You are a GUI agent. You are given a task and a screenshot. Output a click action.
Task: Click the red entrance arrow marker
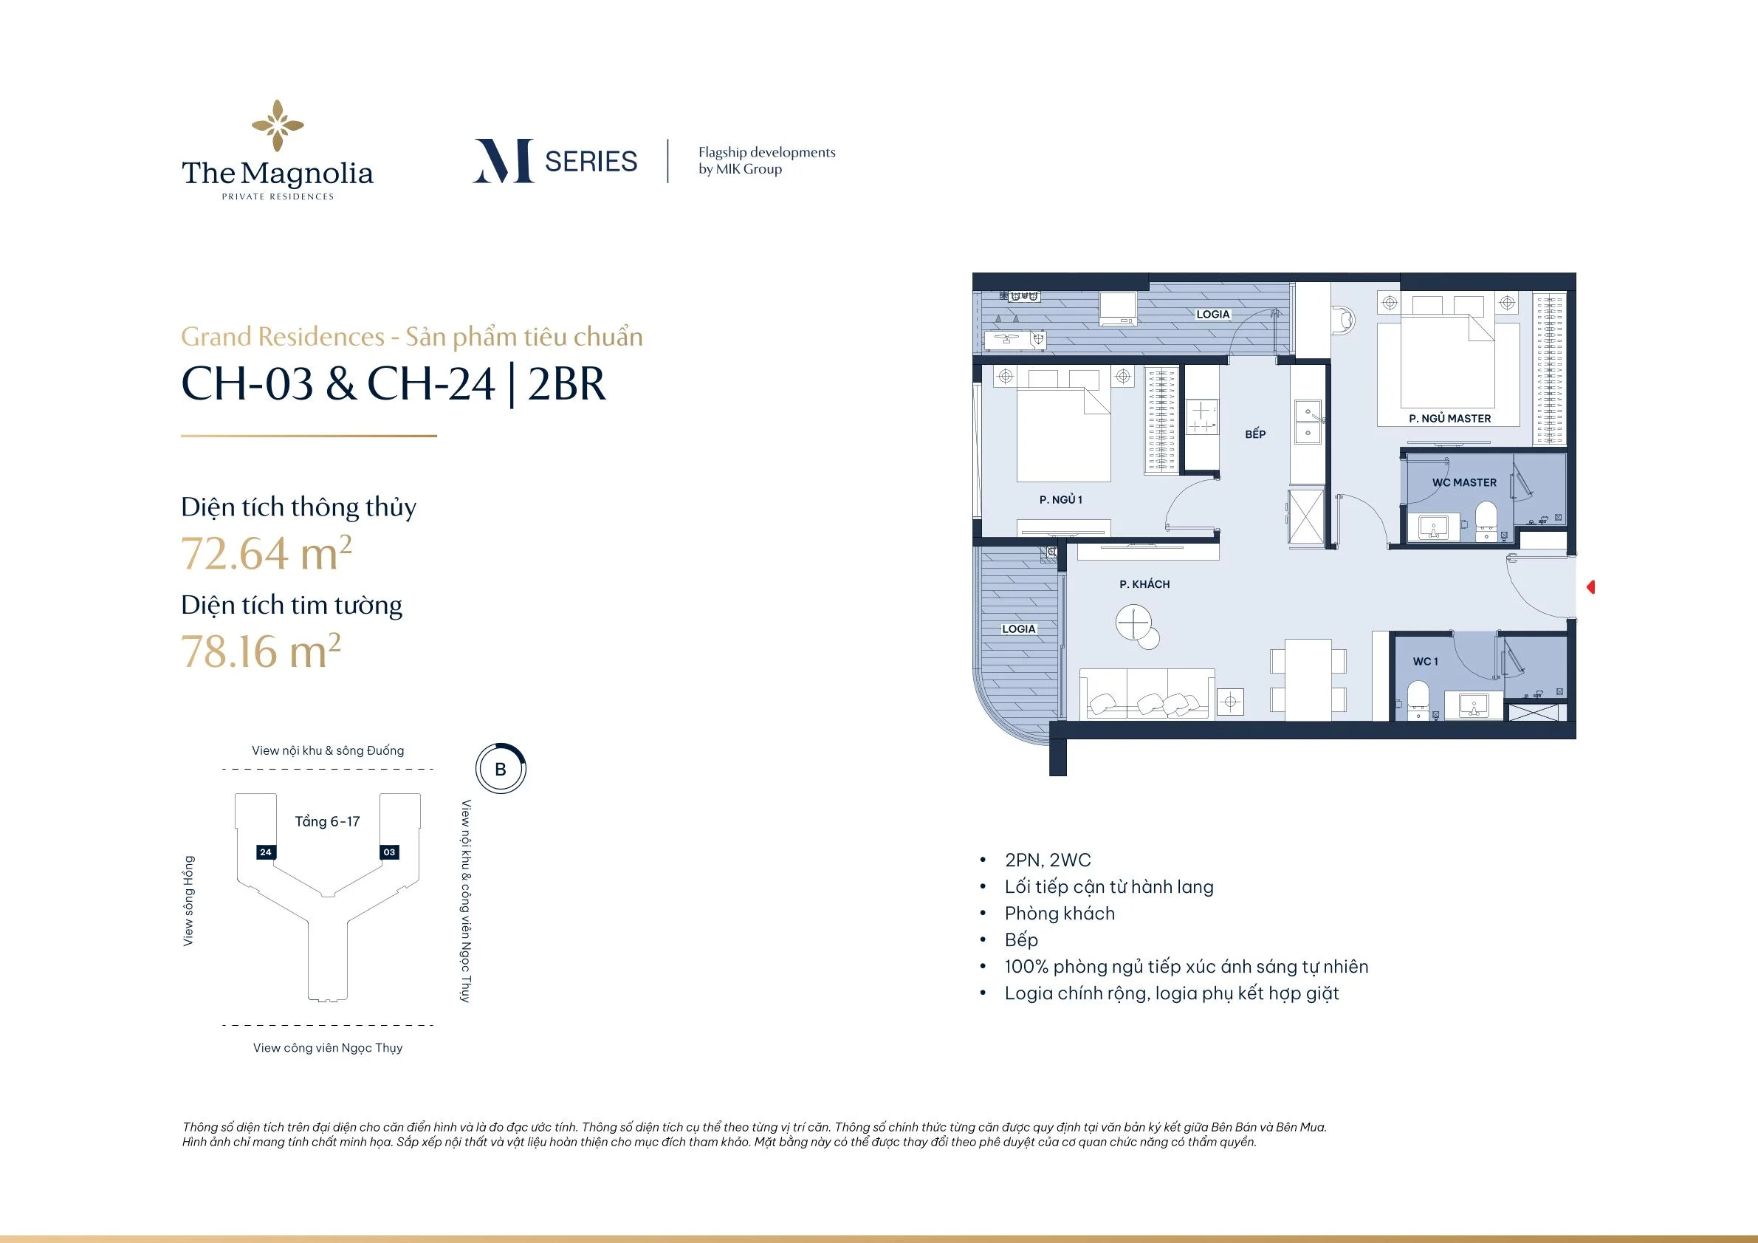click(1590, 587)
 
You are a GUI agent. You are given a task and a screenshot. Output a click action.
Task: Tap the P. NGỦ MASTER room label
click(1449, 419)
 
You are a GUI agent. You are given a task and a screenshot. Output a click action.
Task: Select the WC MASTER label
click(1464, 482)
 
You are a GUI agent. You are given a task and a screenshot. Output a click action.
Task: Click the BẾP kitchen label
click(1255, 434)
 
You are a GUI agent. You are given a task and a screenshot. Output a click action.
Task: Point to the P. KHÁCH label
click(1144, 584)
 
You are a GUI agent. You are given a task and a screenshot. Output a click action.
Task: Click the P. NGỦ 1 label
click(1060, 500)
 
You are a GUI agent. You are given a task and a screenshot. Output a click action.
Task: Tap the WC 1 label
click(1426, 662)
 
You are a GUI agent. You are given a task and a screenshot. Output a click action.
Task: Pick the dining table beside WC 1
click(1308, 679)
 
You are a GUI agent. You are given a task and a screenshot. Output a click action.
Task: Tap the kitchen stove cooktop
click(1201, 417)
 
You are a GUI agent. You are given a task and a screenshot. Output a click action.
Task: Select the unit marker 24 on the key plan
click(266, 852)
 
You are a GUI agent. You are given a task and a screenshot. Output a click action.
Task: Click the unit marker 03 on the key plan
click(390, 852)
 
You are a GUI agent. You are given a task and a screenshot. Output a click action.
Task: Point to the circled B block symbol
click(501, 769)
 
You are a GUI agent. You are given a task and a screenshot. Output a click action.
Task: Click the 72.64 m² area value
click(267, 553)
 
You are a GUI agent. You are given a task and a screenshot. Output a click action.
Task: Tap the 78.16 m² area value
click(261, 651)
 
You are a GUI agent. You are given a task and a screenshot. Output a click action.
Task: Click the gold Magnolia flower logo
click(278, 126)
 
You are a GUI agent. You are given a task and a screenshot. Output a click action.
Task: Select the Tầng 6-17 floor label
click(328, 822)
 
